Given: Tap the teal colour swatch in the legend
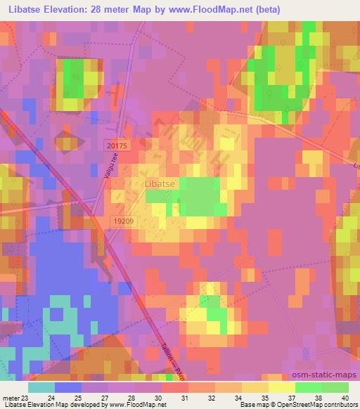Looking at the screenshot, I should click(x=41, y=387).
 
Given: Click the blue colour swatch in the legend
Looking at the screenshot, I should click(x=68, y=387).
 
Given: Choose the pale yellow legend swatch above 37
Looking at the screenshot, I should click(x=281, y=387).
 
